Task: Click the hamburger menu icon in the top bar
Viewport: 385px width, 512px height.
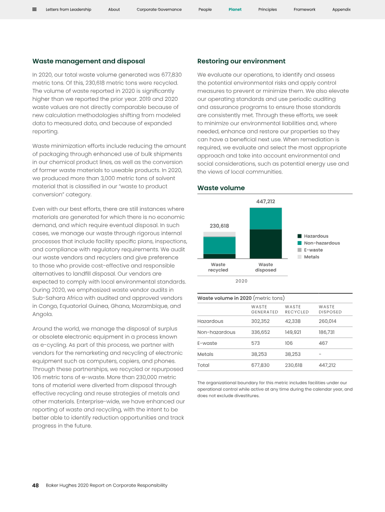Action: [x=35, y=10]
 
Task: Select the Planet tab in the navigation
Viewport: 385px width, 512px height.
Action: [x=235, y=10]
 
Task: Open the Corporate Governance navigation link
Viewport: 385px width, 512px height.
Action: [x=159, y=10]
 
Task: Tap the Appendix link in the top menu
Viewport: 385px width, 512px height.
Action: [x=341, y=10]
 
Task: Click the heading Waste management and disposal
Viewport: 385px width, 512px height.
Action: [x=89, y=61]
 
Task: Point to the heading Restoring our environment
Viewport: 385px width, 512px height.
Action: [x=241, y=61]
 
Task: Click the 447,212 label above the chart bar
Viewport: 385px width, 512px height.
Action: [x=265, y=202]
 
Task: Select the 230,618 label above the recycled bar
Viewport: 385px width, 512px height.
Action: [x=219, y=226]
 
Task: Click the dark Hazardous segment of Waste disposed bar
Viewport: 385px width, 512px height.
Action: [x=265, y=244]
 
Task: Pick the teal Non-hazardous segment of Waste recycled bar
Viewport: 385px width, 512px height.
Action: [x=219, y=245]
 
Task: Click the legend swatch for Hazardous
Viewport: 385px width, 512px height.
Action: [x=299, y=236]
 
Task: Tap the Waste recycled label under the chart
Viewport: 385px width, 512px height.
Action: [x=218, y=267]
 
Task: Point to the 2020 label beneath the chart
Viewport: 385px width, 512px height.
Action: [x=242, y=281]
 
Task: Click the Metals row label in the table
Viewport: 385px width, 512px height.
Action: [x=205, y=354]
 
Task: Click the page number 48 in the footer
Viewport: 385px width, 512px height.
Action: [x=36, y=486]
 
